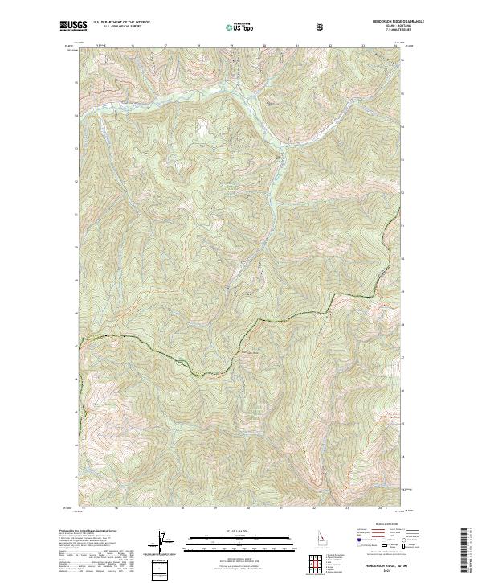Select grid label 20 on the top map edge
264,47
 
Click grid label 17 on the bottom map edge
150,508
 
